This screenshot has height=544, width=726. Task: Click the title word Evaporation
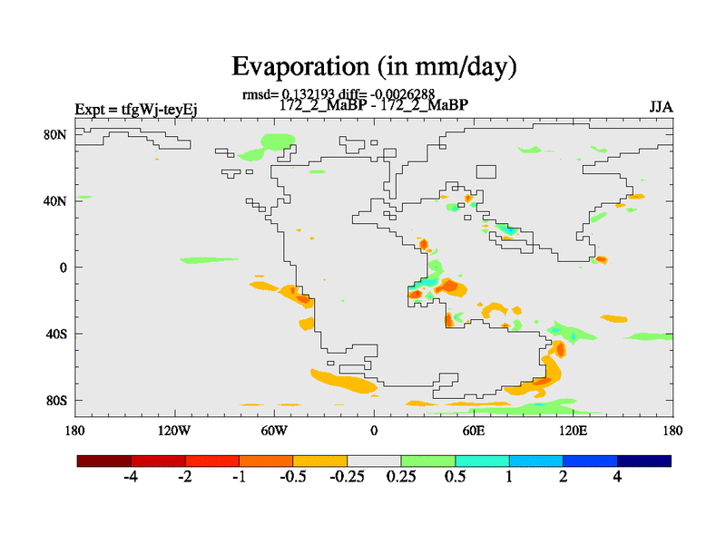[298, 66]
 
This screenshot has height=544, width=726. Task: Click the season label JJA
[661, 108]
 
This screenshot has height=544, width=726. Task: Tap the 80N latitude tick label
[57, 134]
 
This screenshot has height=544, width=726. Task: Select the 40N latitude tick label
[57, 200]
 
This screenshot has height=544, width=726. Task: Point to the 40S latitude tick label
[57, 334]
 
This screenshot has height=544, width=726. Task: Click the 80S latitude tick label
[57, 400]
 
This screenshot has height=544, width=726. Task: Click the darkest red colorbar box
[104, 461]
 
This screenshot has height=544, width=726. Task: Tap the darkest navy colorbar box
[644, 461]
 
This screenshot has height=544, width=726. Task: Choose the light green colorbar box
[428, 461]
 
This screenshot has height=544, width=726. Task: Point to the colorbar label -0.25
[348, 478]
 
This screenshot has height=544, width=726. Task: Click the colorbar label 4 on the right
[618, 478]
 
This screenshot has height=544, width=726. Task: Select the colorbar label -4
[130, 478]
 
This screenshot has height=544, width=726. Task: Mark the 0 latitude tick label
[64, 267]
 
